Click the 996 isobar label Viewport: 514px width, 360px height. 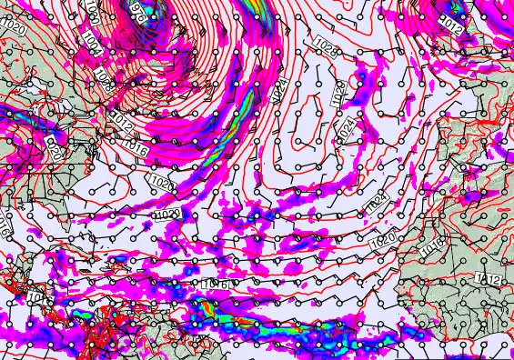click(x=139, y=12)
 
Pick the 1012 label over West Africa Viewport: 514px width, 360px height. click(x=488, y=277)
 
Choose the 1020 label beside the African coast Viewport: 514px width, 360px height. click(x=382, y=237)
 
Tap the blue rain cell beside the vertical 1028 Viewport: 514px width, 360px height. click(x=358, y=91)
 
